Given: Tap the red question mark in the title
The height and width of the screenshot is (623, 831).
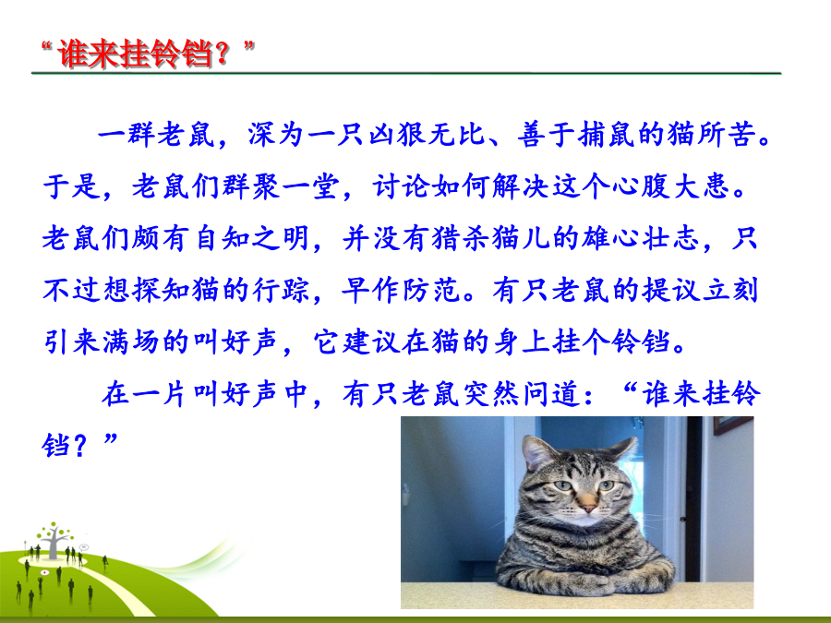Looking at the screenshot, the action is pos(223,54).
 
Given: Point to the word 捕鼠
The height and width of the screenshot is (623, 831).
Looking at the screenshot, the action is pos(607,134).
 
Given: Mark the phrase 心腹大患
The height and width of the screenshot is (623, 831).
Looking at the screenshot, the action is pos(671,186).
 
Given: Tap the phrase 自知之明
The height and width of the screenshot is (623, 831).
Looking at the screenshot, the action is pos(252,238).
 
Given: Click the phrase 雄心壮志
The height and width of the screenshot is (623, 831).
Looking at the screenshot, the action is pos(640,238).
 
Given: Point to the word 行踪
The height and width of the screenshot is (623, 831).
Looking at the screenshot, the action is pos(282,290).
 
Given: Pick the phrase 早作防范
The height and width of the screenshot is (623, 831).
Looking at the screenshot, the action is pos(402,290).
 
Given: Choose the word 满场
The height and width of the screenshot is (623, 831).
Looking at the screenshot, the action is pos(131,341).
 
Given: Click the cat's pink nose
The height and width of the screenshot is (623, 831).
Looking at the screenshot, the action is pos(587,504).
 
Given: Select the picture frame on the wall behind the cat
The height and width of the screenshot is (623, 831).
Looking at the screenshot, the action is pos(733,425).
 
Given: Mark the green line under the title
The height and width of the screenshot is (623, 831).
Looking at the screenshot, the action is pos(406,73).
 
